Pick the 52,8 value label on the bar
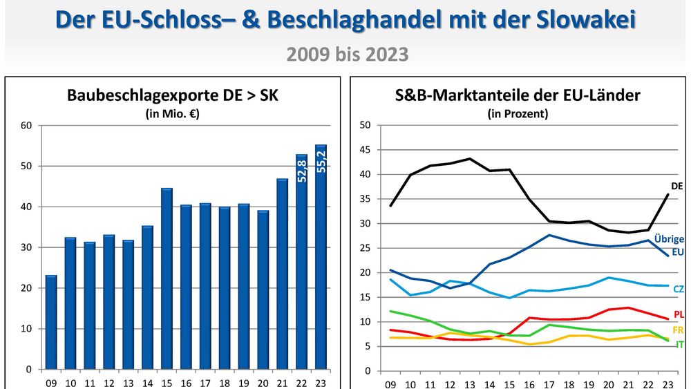tap(301, 169)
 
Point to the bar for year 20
tap(263, 290)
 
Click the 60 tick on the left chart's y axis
tap(27, 126)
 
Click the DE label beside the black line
tap(676, 187)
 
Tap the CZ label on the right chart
tap(678, 288)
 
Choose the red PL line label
tap(679, 314)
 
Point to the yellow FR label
tap(679, 330)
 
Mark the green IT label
tap(680, 343)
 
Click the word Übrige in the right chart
tap(670, 239)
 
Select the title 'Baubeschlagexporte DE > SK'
tap(172, 96)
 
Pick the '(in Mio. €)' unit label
tap(172, 114)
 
